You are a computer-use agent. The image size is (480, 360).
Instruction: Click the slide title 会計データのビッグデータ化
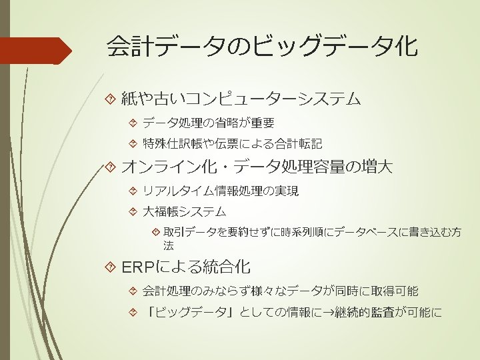(x=262, y=47)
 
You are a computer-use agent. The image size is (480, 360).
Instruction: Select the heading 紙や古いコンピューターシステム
(x=241, y=100)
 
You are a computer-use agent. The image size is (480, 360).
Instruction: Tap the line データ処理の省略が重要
(x=208, y=123)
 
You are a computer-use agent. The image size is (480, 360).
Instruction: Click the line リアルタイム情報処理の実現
(x=221, y=191)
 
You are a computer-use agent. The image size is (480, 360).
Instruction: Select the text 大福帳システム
(x=185, y=212)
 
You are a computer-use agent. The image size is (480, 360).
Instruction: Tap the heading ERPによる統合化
(x=186, y=268)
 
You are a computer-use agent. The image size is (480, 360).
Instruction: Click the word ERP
(x=137, y=268)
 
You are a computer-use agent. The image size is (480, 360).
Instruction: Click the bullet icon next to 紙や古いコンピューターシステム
(x=111, y=100)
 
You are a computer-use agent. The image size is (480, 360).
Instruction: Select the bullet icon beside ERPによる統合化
(x=111, y=268)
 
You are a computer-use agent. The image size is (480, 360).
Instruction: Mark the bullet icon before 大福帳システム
(x=132, y=212)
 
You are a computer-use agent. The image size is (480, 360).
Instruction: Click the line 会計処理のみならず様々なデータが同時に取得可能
(x=280, y=291)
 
